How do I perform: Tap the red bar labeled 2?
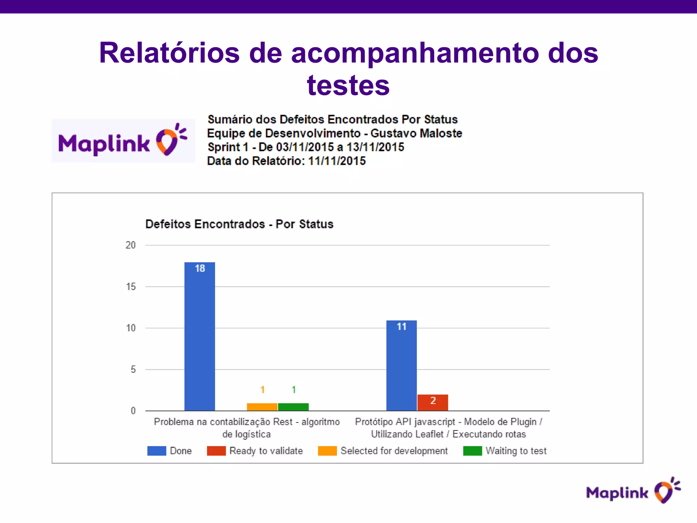pyautogui.click(x=433, y=402)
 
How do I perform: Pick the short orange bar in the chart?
pyautogui.click(x=262, y=407)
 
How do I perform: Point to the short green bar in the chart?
pyautogui.click(x=293, y=407)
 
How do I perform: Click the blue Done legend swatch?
pyautogui.click(x=157, y=451)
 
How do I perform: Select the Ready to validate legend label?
pyautogui.click(x=266, y=451)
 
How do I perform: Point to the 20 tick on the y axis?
pyautogui.click(x=131, y=245)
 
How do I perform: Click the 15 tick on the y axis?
pyautogui.click(x=131, y=287)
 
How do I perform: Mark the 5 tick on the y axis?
pyautogui.click(x=133, y=369)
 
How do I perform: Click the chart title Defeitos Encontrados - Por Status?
pyautogui.click(x=239, y=224)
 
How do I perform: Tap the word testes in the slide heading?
pyautogui.click(x=348, y=85)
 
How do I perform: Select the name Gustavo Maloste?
pyautogui.click(x=416, y=133)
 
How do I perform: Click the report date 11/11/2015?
pyautogui.click(x=337, y=161)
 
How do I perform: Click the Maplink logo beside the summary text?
pyautogui.click(x=123, y=141)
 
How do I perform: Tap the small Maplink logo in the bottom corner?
pyautogui.click(x=633, y=491)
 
